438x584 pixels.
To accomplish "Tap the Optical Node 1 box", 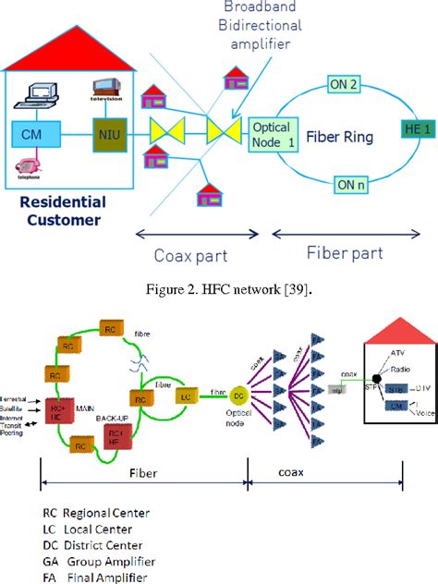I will click(272, 136).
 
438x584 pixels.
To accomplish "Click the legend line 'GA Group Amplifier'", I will click(99, 561).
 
